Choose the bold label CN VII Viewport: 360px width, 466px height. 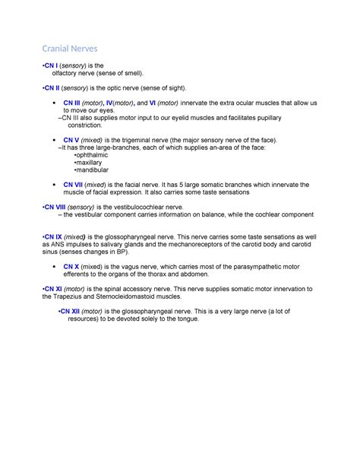coord(74,184)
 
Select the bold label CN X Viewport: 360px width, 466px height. coord(71,267)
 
